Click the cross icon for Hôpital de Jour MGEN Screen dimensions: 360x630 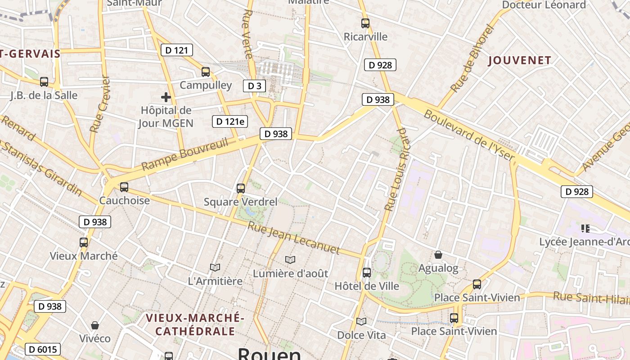tap(166, 97)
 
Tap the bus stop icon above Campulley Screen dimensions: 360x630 tap(206, 72)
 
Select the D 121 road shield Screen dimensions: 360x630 tap(177, 50)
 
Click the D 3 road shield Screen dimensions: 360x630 tap(254, 85)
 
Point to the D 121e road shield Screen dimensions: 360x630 tap(230, 121)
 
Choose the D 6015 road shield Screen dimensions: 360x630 tap(43, 349)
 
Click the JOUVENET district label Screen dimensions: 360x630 tap(519, 60)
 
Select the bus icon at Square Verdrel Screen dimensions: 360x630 tap(241, 188)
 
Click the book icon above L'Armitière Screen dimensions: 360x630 tap(215, 267)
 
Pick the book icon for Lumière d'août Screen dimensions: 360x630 tap(290, 260)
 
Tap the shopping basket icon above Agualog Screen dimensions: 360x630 tap(438, 255)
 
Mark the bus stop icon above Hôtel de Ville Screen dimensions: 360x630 tap(367, 272)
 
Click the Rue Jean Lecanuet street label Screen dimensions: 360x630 tap(293, 238)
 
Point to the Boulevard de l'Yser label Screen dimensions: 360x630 tap(468, 135)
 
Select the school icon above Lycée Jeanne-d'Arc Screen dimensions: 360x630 tap(585, 229)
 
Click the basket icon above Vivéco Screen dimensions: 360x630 tap(95, 325)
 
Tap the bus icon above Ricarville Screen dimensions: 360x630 tap(365, 23)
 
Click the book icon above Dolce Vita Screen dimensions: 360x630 tap(361, 321)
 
